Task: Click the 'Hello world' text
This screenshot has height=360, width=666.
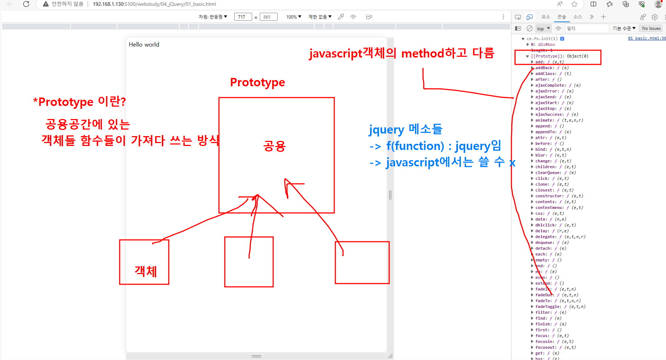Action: click(x=144, y=44)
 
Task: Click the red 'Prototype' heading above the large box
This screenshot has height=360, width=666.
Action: click(x=258, y=82)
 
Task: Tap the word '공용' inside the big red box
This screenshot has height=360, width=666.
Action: click(x=275, y=146)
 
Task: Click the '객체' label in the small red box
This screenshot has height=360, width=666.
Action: click(x=146, y=271)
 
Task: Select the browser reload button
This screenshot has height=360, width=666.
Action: click(x=26, y=4)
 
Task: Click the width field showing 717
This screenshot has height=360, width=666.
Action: click(x=243, y=17)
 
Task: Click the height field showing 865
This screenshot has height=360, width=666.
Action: click(x=268, y=17)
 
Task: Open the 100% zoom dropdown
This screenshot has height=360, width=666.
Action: click(x=294, y=17)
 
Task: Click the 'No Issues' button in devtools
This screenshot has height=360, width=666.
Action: click(x=651, y=28)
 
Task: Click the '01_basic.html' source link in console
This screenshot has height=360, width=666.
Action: click(x=646, y=38)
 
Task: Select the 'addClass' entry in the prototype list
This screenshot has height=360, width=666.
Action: click(x=546, y=74)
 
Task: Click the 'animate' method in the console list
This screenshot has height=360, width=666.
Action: click(x=545, y=120)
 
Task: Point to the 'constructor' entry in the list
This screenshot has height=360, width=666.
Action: click(x=549, y=196)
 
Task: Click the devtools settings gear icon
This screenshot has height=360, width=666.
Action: click(x=655, y=17)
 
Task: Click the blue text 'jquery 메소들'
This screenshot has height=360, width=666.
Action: click(x=406, y=129)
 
